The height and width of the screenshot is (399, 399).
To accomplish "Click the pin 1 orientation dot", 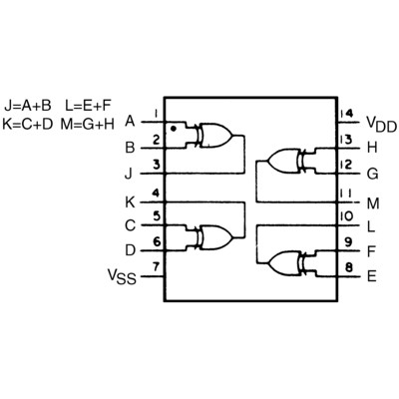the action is [x=173, y=129].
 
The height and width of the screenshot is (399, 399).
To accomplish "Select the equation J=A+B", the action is [x=28, y=106].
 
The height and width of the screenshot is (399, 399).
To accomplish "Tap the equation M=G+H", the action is [x=88, y=124].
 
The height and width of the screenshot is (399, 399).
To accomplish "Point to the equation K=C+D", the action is [x=28, y=124].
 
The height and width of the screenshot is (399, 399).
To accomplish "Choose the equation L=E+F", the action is [x=88, y=106].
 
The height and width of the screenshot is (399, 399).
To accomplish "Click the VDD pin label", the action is [x=381, y=124].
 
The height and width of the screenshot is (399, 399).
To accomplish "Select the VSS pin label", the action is [x=122, y=276].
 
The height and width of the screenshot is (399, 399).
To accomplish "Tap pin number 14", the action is [x=347, y=114].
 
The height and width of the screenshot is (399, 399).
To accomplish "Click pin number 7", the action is [x=156, y=266].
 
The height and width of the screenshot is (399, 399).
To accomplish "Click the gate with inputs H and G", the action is [x=287, y=162].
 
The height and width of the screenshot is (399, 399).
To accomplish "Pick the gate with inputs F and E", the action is [x=287, y=263].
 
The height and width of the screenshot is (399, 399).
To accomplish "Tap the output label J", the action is [x=129, y=174].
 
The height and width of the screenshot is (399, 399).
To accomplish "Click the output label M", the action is [x=373, y=203].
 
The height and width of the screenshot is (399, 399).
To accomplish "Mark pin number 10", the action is [x=346, y=216].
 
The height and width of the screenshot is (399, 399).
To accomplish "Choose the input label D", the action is [x=130, y=250].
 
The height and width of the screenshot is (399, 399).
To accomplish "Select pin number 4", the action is [x=156, y=194].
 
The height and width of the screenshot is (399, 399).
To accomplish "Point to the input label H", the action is [x=372, y=148].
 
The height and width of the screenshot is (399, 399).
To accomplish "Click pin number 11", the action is [x=346, y=194].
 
